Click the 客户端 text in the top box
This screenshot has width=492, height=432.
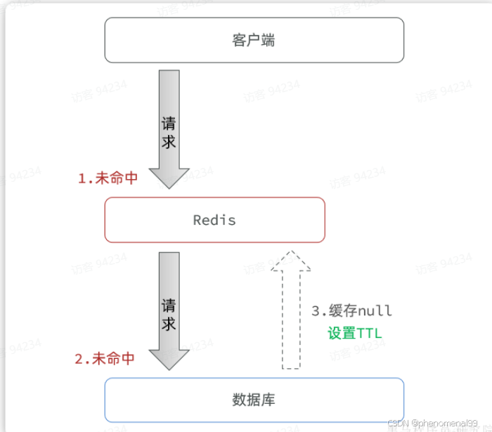click(253, 40)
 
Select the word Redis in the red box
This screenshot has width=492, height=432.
click(214, 220)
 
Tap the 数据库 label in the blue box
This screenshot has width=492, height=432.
click(253, 400)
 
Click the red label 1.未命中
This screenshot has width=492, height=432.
click(108, 178)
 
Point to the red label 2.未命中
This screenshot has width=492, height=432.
click(105, 358)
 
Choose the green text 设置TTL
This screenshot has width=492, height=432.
click(354, 333)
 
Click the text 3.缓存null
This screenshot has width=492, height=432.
click(351, 310)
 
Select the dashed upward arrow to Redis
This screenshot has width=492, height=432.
click(291, 316)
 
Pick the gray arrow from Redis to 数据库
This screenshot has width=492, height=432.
click(169, 306)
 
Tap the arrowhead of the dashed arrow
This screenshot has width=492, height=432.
click(291, 261)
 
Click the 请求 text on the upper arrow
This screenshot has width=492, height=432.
click(169, 132)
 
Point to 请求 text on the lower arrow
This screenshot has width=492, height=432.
click(169, 314)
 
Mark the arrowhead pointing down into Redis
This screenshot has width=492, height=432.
click(169, 177)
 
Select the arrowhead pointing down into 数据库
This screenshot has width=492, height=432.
click(169, 359)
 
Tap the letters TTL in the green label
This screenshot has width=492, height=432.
click(370, 333)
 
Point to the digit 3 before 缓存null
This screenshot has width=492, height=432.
click(316, 310)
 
